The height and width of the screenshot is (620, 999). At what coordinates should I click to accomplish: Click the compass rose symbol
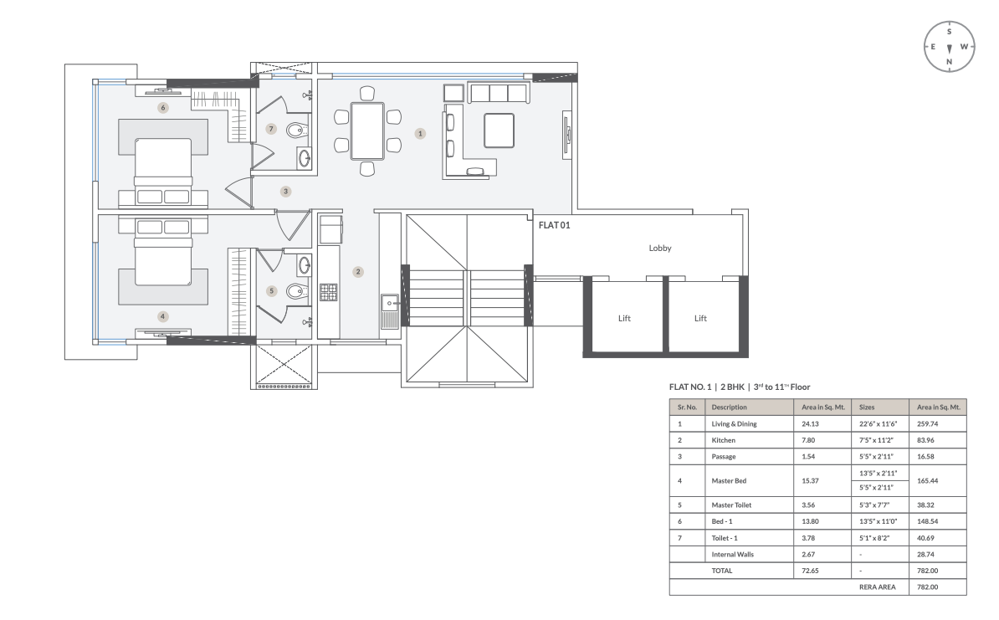point(949,47)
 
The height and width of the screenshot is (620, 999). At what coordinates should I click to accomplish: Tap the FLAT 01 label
point(554,225)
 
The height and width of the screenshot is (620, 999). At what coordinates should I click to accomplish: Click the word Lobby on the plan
point(659,249)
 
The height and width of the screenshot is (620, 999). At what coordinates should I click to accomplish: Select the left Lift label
point(623,318)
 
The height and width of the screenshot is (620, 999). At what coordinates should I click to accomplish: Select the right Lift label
point(700,318)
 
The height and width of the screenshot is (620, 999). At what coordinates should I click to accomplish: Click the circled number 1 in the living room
point(420,132)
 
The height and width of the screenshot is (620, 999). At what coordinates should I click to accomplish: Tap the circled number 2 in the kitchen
point(357,271)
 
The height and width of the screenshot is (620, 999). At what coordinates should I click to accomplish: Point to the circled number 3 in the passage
point(285,192)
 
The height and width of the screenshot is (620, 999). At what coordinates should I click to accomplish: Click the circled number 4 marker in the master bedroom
point(162,316)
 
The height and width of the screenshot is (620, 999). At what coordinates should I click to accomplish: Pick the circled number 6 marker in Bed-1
point(162,107)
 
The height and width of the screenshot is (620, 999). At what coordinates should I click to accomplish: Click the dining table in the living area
point(367,131)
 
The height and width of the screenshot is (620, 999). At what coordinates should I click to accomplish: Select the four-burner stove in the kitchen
point(328,292)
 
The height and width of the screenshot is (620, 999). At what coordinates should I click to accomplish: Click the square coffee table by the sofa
point(499,130)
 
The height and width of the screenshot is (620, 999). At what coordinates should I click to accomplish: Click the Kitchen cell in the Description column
point(725,440)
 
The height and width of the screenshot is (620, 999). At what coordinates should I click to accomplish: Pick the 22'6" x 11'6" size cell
point(878,424)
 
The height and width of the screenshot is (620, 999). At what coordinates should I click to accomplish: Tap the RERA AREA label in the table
point(878,587)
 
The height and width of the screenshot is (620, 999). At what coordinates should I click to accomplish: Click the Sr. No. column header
point(687,407)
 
